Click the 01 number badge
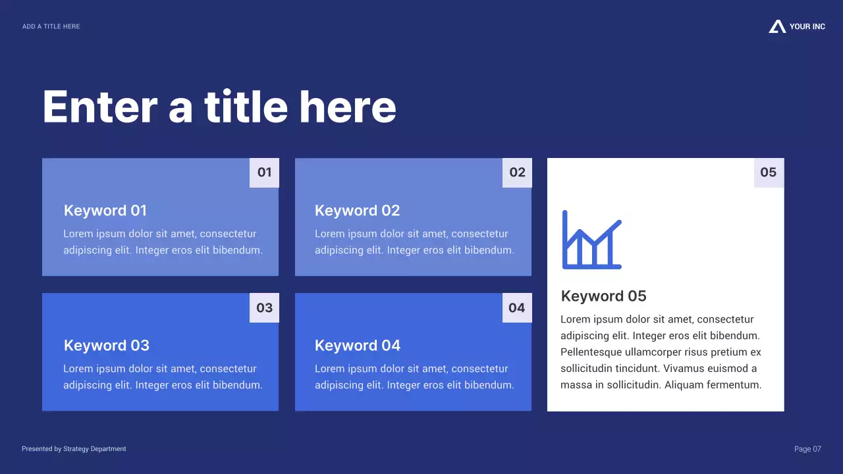coord(264,172)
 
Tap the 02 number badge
coord(517,172)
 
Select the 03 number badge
coord(264,307)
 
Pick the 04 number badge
coord(517,307)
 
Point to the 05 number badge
coord(769,172)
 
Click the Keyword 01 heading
coord(105,211)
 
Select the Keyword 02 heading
coord(357,211)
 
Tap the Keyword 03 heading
coord(107,346)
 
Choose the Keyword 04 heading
coord(358,346)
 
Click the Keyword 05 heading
coord(603,296)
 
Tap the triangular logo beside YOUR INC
coord(777,26)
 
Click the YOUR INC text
coord(807,26)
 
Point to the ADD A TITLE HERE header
coord(51,26)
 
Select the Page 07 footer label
coord(807,449)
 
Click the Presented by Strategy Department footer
coord(74,449)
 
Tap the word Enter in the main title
coord(100,107)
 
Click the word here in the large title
coord(348,107)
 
